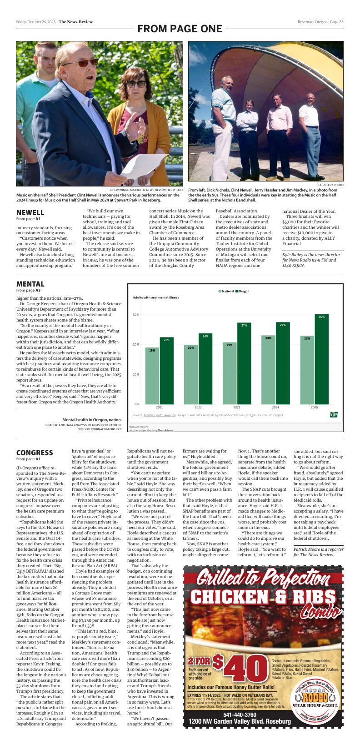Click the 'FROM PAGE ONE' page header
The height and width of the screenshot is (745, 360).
click(x=180, y=29)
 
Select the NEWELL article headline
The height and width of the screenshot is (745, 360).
click(x=30, y=212)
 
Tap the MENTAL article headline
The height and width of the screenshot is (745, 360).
click(x=30, y=284)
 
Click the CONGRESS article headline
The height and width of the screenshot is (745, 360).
click(x=35, y=453)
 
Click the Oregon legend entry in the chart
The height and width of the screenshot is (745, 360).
click(x=243, y=291)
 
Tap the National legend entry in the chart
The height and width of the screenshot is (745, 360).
click(x=226, y=291)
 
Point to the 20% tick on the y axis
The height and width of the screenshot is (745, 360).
click(x=136, y=344)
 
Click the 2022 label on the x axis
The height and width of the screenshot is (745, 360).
click(x=198, y=408)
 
